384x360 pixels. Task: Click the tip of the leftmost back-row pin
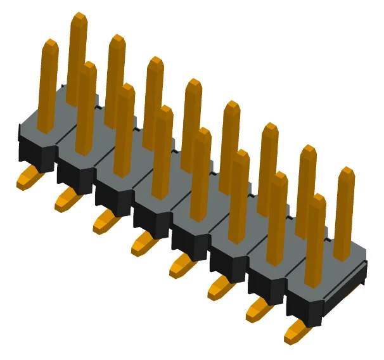pyautogui.click(x=79, y=17)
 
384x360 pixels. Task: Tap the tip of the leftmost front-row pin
pyautogui.click(x=49, y=44)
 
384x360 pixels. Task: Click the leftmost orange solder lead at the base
pyautogui.click(x=29, y=178)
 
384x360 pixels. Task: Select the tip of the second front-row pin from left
pyautogui.click(x=88, y=67)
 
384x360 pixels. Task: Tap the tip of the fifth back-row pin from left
pyautogui.click(x=233, y=105)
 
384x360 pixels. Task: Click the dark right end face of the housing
pyautogui.click(x=345, y=286)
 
